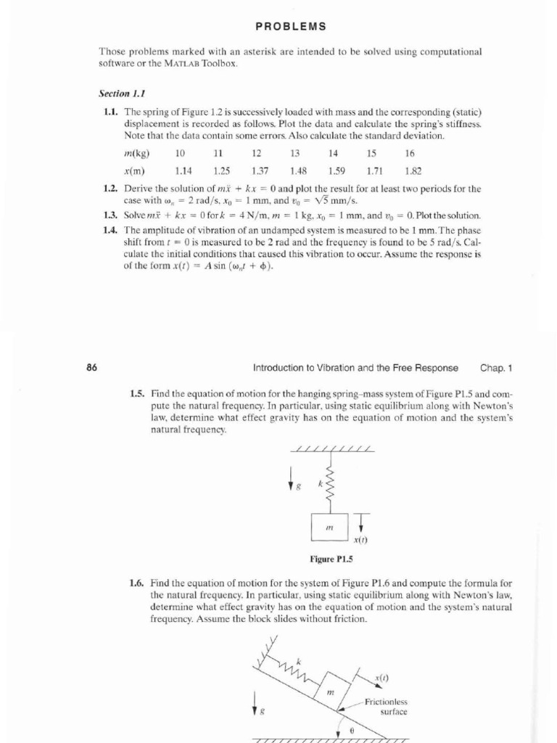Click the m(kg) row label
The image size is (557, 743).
pos(137,154)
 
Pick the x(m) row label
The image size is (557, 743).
pos(136,171)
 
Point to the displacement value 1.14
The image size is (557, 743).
pos(184,171)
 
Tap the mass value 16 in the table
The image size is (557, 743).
pos(410,154)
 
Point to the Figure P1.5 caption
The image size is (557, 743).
pos(330,560)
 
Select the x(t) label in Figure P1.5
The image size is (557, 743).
pos(361,541)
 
